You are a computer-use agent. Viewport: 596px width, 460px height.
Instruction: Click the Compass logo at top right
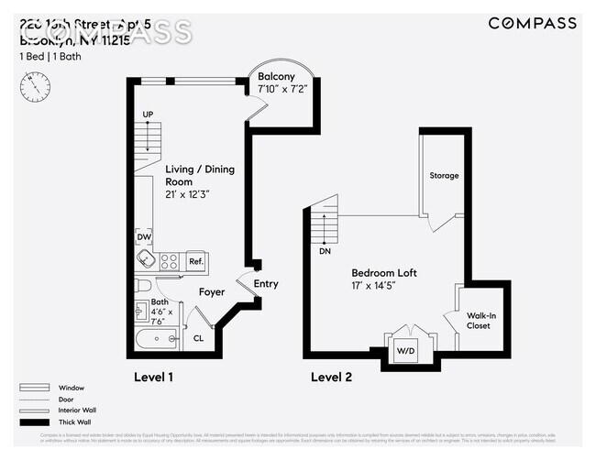pos(532,24)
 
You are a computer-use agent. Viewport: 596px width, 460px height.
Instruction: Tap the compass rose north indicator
pos(34,86)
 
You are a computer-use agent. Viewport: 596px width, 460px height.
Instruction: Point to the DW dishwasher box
pos(144,236)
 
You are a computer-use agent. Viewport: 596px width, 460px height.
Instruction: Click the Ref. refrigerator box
pos(196,261)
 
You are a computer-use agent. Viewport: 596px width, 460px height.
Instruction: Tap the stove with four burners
pos(170,261)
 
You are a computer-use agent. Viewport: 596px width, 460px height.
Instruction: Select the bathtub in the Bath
pos(158,340)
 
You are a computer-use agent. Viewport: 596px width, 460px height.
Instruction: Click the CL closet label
pos(198,338)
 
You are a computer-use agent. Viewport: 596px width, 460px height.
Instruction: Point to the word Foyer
pos(212,293)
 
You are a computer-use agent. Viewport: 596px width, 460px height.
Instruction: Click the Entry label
pos(266,284)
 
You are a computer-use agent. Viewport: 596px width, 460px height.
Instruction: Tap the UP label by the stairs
pos(146,114)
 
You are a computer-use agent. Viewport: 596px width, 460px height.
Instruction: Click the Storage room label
pos(444,175)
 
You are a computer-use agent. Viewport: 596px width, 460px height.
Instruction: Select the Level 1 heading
pos(153,377)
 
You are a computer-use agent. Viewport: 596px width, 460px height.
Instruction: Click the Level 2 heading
pos(331,377)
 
